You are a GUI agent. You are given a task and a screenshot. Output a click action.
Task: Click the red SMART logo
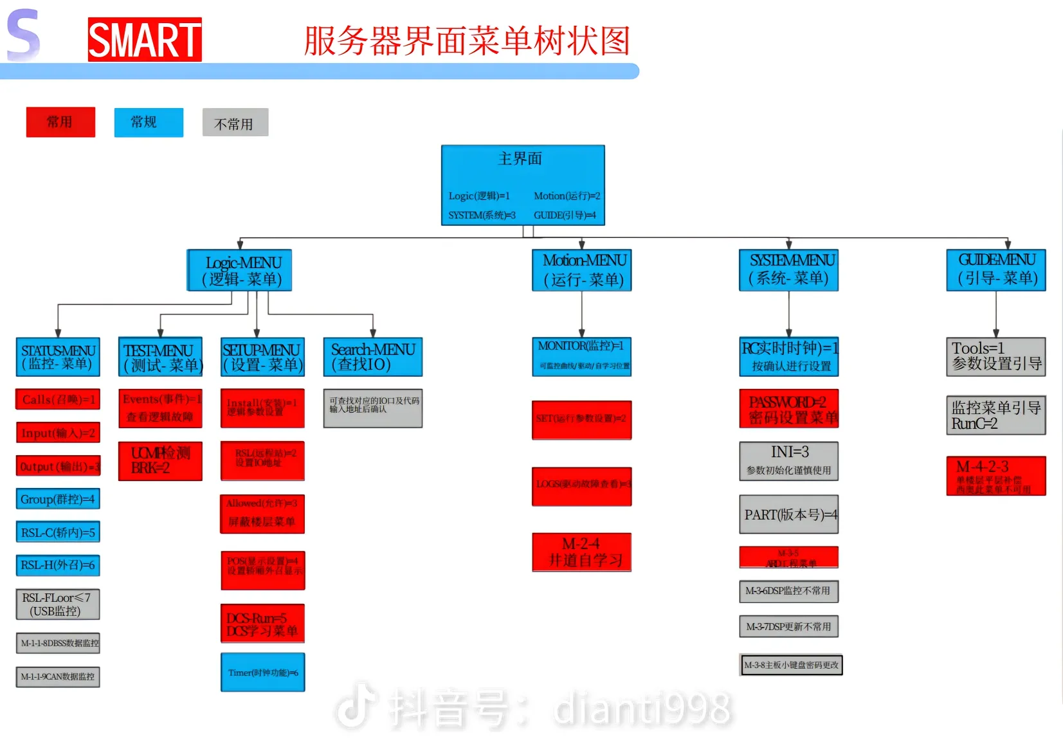pos(145,40)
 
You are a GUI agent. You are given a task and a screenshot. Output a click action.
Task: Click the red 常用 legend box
pos(60,122)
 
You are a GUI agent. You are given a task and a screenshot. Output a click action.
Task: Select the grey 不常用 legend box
pos(235,123)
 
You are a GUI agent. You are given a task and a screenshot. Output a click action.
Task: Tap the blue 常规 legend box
pos(149,122)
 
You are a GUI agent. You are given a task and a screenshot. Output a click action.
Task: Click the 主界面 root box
pos(522,185)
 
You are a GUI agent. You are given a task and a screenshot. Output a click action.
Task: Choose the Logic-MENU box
pos(240,271)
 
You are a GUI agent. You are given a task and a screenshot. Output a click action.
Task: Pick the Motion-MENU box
pos(582,271)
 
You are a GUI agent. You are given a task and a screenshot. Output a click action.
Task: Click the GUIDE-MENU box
pos(995,271)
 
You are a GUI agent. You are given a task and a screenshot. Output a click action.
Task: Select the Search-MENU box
pos(372,357)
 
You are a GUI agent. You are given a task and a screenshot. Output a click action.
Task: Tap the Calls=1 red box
pos(58,399)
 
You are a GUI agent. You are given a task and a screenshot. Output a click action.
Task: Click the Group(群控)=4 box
pos(58,499)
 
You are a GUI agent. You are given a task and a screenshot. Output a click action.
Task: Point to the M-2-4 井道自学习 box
pos(582,552)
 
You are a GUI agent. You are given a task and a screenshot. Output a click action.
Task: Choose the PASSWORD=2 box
pos(789,409)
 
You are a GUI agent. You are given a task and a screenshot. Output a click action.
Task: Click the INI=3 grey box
pos(789,461)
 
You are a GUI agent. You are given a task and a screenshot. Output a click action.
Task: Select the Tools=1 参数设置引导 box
pos(995,357)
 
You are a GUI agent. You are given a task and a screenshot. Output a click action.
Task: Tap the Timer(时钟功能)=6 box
pos(262,673)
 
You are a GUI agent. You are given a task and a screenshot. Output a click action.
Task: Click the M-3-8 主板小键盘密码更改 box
pos(791,665)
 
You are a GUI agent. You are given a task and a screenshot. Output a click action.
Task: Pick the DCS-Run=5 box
pos(262,624)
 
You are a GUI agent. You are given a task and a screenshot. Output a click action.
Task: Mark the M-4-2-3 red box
pos(995,476)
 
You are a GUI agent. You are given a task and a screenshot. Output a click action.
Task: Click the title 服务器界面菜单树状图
pos(467,41)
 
